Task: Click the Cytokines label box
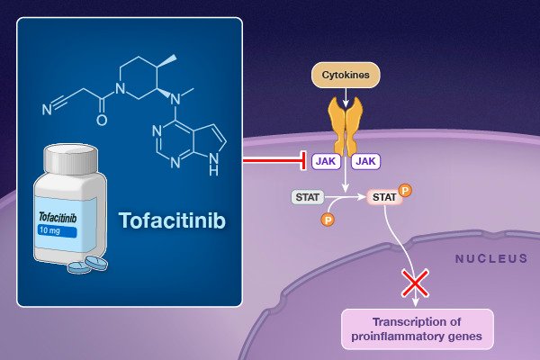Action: pos(346,74)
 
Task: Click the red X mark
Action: pos(414,284)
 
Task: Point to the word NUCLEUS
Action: pos(491,259)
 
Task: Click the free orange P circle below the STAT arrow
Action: pos(328,219)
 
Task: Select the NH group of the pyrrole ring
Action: pos(212,166)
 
